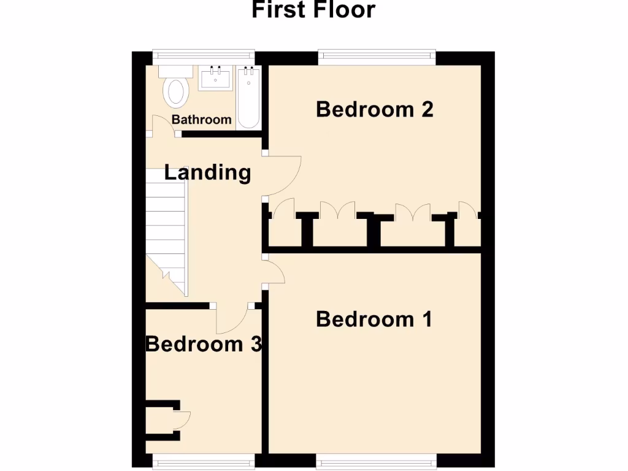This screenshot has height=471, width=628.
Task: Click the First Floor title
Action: tap(313, 10)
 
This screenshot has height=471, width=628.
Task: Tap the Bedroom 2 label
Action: tap(375, 109)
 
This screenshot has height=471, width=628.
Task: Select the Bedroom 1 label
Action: tap(374, 320)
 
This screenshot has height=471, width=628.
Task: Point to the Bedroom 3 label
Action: tap(204, 344)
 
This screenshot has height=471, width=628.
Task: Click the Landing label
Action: tap(208, 172)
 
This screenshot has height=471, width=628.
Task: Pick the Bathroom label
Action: tap(202, 120)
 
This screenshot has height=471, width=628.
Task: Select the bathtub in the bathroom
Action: tap(248, 98)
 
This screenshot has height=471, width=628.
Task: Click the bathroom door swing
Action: tap(163, 125)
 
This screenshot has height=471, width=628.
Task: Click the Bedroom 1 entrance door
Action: tap(275, 272)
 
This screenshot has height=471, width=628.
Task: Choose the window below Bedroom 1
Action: tap(377, 459)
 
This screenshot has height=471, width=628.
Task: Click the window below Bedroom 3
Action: tap(204, 459)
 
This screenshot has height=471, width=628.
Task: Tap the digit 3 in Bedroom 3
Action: tap(257, 344)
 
